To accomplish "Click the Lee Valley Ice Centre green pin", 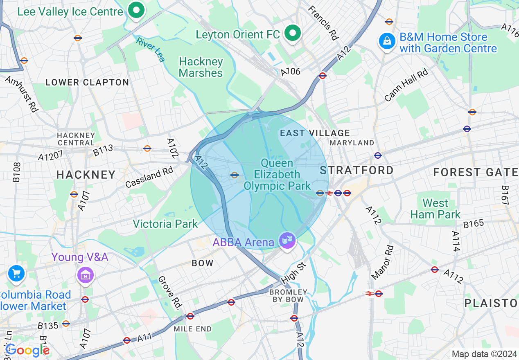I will [x=136, y=11].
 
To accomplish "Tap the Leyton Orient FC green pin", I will [x=292, y=34].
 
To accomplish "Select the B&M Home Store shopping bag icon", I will [x=387, y=42].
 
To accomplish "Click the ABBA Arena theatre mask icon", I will [x=287, y=241].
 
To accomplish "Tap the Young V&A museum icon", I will [x=86, y=275].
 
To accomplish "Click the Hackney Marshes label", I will [x=201, y=67].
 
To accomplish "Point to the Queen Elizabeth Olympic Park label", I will [x=278, y=175].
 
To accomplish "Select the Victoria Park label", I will [x=165, y=224].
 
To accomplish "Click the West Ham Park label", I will [x=436, y=209].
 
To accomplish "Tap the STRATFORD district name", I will [x=357, y=170].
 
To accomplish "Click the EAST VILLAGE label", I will [x=315, y=133].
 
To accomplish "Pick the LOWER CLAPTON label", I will [x=87, y=82].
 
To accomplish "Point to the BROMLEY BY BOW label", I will [x=288, y=295].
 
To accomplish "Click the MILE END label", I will [x=192, y=329].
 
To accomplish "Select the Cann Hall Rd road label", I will [x=406, y=85].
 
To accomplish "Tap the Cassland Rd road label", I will [x=149, y=177].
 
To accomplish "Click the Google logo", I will [x=27, y=350].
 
